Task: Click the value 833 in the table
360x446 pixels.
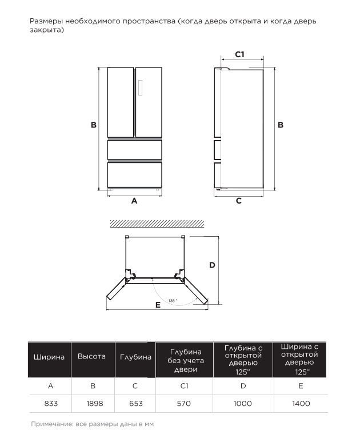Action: [51, 403]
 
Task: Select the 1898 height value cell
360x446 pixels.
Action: [95, 403]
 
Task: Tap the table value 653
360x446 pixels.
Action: [136, 403]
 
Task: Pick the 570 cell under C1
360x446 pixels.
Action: [183, 403]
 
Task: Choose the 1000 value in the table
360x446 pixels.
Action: [242, 403]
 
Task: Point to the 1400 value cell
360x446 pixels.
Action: [301, 403]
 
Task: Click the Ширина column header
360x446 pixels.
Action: [49, 357]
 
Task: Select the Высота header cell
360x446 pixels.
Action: [91, 356]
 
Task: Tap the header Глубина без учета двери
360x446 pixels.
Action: [185, 360]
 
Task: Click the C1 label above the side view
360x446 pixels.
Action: [240, 54]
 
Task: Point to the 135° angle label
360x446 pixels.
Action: [173, 301]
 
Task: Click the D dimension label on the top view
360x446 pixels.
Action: [212, 265]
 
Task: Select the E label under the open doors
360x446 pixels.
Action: [158, 305]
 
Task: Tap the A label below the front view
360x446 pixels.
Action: [134, 201]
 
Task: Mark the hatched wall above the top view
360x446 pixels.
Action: [157, 224]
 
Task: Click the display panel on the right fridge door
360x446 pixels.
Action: [140, 88]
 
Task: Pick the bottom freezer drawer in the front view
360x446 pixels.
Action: [134, 175]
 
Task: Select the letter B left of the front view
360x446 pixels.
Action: [94, 125]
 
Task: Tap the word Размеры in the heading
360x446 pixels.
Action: [46, 21]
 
